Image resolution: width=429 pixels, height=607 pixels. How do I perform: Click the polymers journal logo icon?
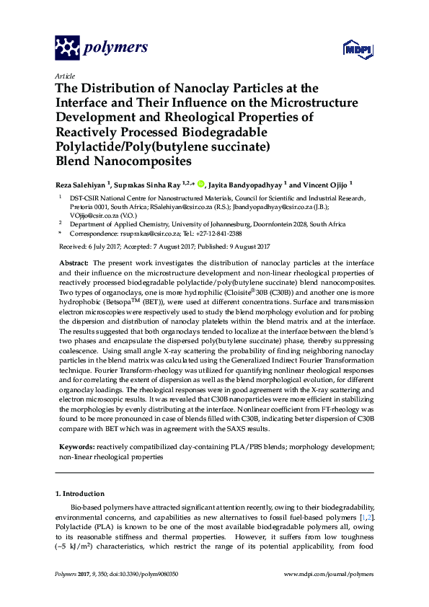[x=67, y=48]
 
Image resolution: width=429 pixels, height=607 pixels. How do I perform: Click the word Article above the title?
[x=65, y=76]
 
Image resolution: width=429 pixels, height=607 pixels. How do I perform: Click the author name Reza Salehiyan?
[x=82, y=184]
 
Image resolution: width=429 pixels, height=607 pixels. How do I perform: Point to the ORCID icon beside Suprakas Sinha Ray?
[x=200, y=183]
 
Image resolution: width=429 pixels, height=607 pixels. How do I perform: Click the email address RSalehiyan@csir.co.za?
[x=193, y=205]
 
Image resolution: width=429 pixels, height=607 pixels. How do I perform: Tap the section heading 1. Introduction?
[x=80, y=493]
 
